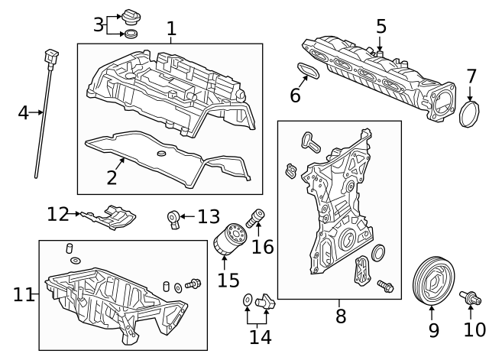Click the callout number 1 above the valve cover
171,29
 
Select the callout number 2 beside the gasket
112,177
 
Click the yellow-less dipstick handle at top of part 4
52,55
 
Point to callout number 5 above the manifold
381,26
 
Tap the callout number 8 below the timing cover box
340,315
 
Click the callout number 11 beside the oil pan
23,294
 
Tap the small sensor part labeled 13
174,219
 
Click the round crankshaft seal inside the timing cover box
378,253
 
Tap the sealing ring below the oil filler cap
132,34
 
